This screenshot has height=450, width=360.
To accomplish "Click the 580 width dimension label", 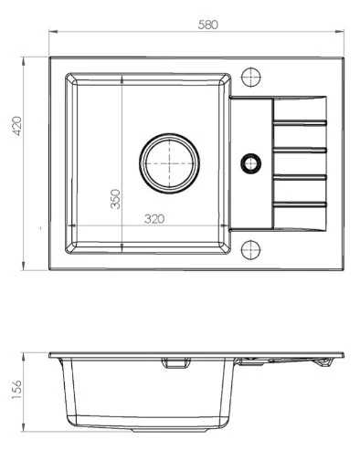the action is click(x=207, y=25).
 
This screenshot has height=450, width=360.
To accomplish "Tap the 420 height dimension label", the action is click(x=16, y=126).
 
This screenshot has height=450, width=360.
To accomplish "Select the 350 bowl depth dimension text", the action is click(x=115, y=199).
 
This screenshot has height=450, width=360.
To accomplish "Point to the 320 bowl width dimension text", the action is click(x=154, y=219).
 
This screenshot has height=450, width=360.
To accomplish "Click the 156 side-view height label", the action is click(x=16, y=390).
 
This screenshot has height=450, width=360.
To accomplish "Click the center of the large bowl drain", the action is click(x=170, y=163).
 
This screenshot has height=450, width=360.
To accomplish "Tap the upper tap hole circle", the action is click(x=251, y=78).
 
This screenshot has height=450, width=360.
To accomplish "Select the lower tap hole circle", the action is click(x=251, y=250).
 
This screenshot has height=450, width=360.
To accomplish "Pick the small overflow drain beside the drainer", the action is click(x=251, y=163).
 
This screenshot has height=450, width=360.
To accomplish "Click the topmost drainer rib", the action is click(x=300, y=122).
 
